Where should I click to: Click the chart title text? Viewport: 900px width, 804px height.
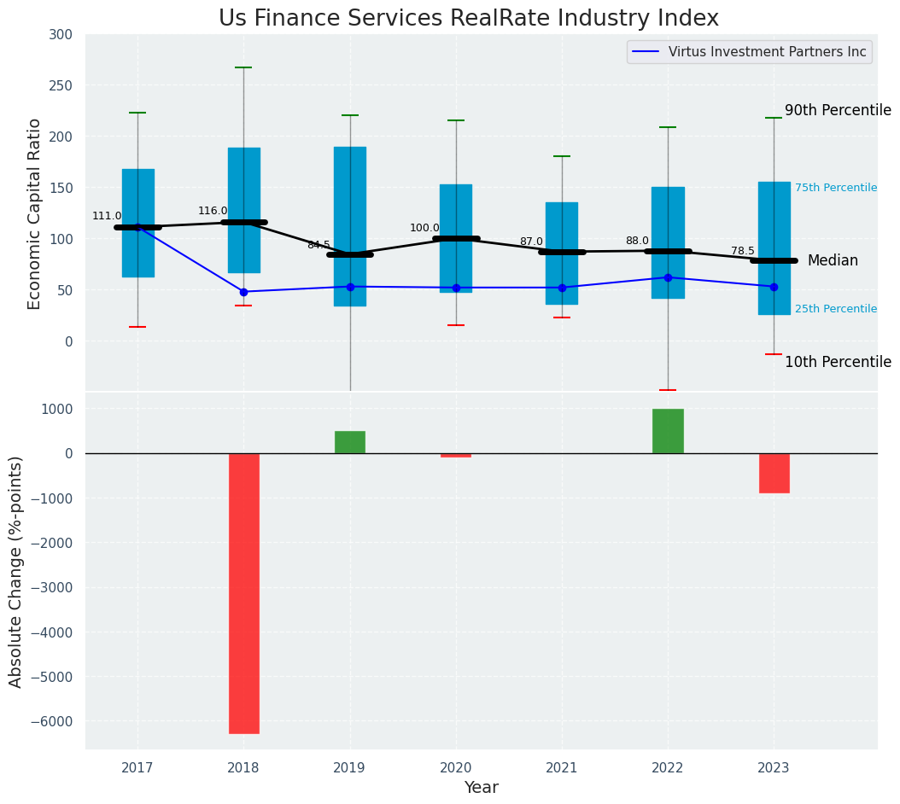[x=468, y=19]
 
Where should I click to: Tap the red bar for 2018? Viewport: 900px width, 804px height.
[x=243, y=593]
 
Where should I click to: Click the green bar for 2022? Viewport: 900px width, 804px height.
[x=668, y=431]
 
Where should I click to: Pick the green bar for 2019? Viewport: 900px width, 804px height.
[x=350, y=442]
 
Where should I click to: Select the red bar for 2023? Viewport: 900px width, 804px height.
[x=774, y=473]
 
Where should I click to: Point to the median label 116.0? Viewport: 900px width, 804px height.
[x=213, y=211]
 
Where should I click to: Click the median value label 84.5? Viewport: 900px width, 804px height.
[x=319, y=245]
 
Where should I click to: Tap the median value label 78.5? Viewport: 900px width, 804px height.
[x=743, y=251]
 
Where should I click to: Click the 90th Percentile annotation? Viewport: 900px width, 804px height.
[x=838, y=110]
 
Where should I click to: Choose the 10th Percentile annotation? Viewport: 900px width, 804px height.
[x=838, y=362]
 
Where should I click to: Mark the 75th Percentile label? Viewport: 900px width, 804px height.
[x=835, y=188]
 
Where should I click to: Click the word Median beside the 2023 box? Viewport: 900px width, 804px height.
[x=833, y=260]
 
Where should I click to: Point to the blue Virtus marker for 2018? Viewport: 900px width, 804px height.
[x=243, y=292]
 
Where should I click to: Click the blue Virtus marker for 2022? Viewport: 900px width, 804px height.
[x=668, y=277]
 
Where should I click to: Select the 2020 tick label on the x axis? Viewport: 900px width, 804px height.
[x=455, y=768]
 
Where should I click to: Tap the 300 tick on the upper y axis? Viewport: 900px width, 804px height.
[x=61, y=35]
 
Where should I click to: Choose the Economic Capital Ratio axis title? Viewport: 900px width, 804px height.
[x=35, y=213]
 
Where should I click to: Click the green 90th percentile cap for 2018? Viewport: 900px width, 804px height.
[x=243, y=67]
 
